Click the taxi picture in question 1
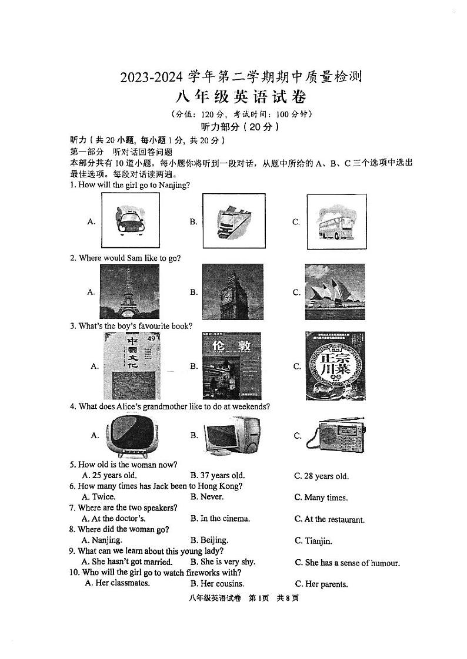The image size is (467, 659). coord(130,221)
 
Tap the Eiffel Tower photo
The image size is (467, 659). coord(129,291)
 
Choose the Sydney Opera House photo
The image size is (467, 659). coord(334,291)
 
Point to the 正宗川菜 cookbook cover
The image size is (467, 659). coord(335,366)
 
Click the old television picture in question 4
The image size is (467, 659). coord(131,435)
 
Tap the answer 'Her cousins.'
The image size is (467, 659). coord(217,584)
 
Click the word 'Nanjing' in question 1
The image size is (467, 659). coord(174,185)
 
